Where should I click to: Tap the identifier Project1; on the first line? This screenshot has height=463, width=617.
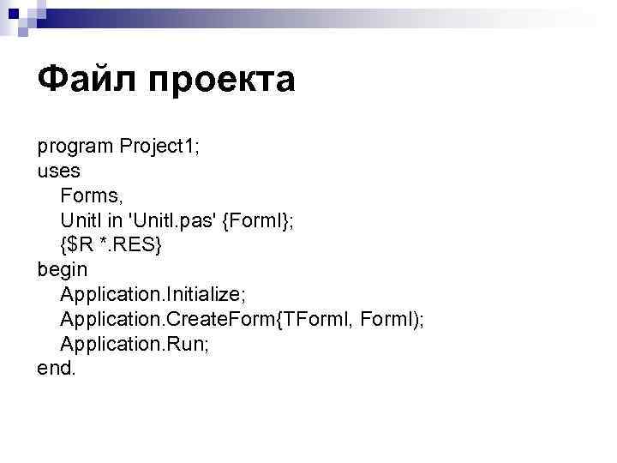tap(159, 146)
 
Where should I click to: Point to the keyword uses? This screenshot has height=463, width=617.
tap(58, 170)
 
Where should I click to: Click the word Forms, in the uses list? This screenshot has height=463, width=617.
tap(92, 195)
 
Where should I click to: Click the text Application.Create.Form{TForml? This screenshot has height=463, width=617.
tap(208, 319)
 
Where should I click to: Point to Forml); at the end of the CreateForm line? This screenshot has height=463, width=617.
tap(393, 319)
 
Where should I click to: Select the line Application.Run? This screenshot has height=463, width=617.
tap(136, 344)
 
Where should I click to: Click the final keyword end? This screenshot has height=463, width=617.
tap(57, 369)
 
